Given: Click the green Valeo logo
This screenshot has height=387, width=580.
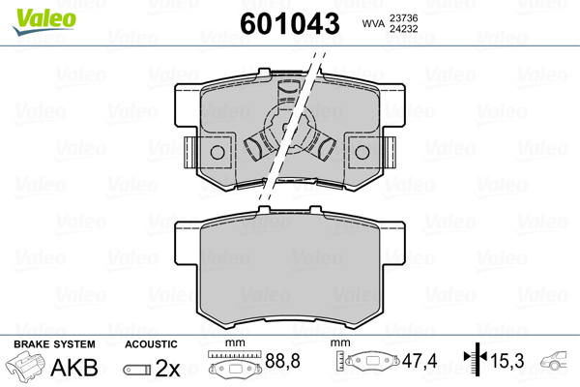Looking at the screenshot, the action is (x=44, y=21).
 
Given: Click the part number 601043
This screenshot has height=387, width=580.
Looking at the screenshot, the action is (x=290, y=23).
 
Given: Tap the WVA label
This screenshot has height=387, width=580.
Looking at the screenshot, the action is (x=373, y=24).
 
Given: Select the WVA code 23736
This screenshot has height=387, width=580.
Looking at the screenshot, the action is (x=403, y=18).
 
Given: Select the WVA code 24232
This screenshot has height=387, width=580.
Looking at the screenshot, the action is (x=403, y=29).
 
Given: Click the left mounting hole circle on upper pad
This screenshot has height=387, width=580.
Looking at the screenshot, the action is (x=217, y=152).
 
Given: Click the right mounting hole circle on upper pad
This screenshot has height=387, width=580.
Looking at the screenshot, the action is (x=362, y=152).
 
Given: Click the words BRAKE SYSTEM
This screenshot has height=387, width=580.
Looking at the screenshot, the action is (x=54, y=344).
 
